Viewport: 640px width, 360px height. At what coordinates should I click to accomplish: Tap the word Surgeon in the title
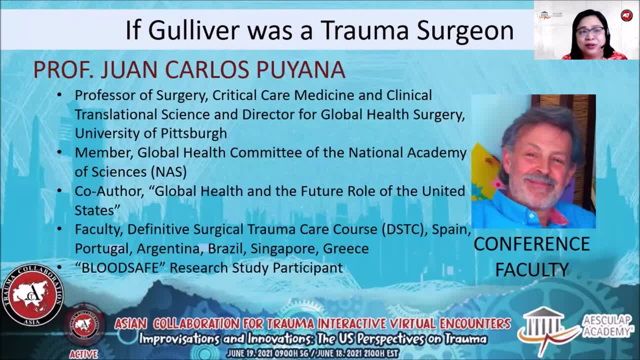click(465, 31)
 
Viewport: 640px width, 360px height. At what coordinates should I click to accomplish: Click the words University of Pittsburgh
click(150, 133)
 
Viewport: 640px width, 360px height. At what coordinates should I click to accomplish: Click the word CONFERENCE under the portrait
click(531, 244)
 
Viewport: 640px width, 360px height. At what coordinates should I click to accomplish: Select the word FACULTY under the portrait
click(531, 270)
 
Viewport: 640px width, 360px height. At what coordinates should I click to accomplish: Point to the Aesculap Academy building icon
click(547, 325)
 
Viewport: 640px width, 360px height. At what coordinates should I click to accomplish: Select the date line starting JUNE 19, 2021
click(312, 353)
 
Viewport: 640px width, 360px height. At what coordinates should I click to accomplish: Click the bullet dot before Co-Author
click(59, 191)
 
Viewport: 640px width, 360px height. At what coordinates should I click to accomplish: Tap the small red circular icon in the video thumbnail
click(626, 15)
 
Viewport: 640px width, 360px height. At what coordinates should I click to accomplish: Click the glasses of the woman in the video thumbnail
click(589, 31)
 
